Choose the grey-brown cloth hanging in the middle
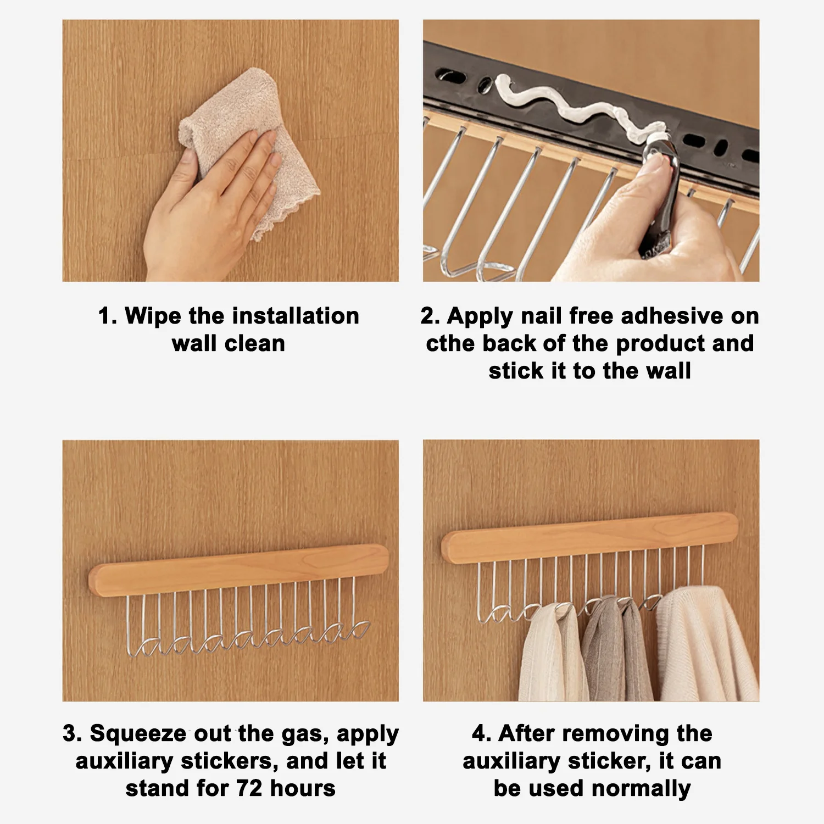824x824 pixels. (615, 648)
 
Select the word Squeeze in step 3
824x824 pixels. (138, 733)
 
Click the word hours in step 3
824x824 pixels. (303, 788)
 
